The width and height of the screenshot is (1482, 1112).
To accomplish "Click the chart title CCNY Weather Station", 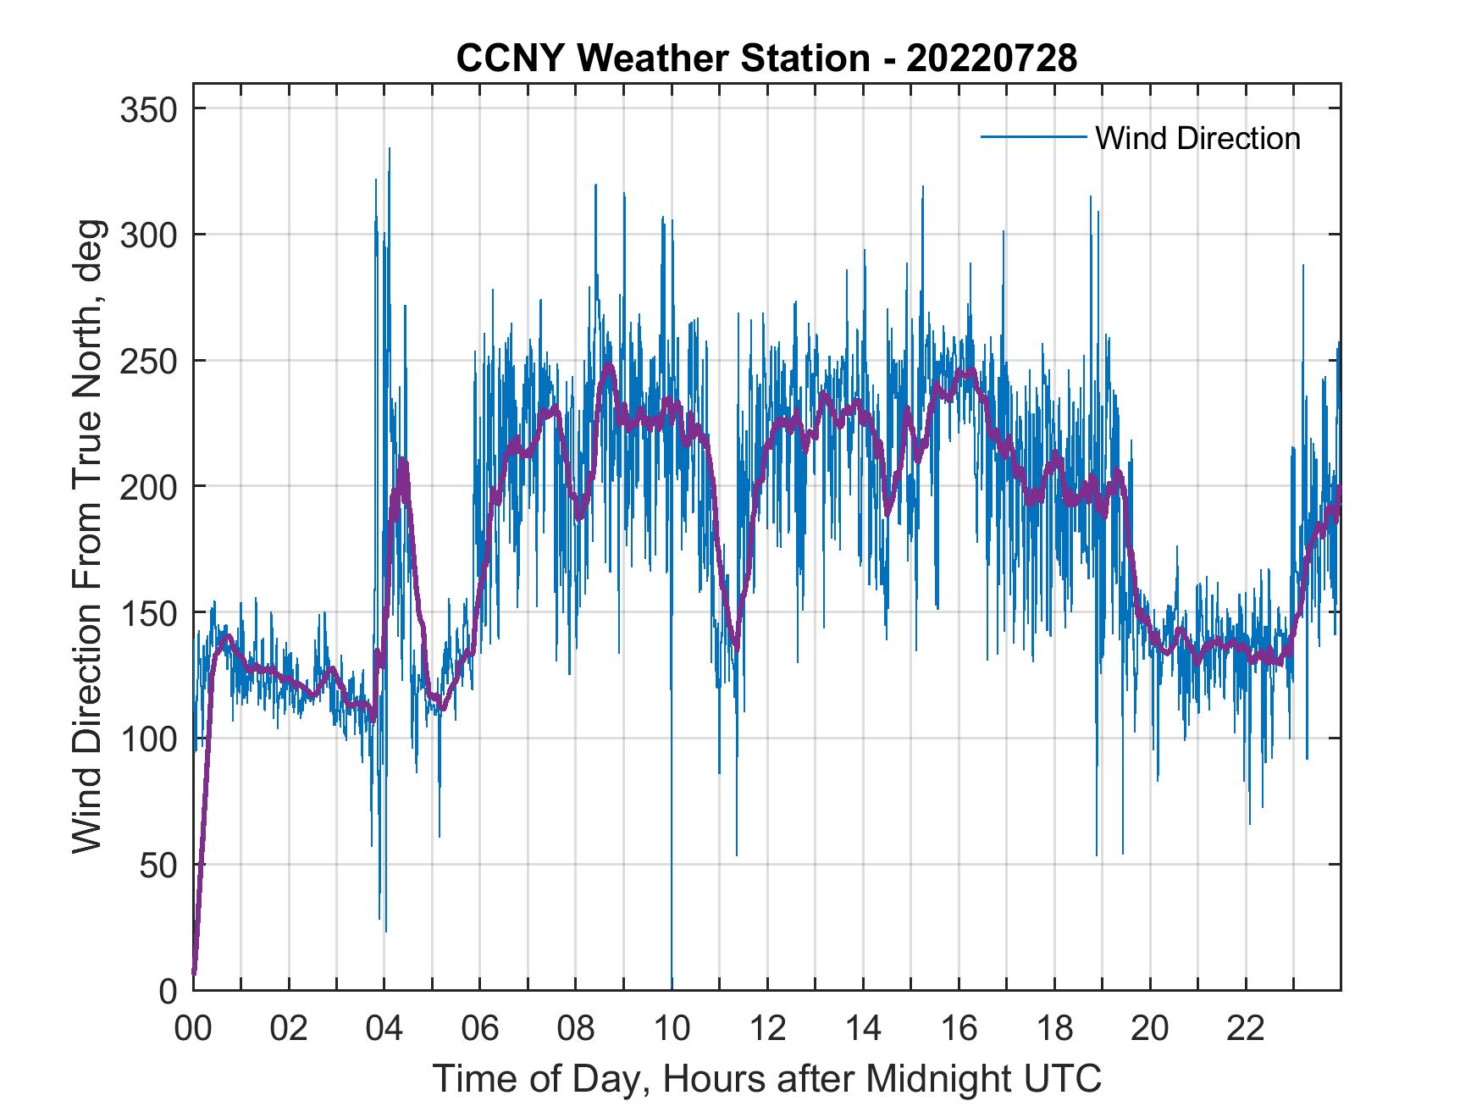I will pyautogui.click(x=766, y=58).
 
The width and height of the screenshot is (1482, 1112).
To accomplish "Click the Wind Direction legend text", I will pyautogui.click(x=1197, y=138).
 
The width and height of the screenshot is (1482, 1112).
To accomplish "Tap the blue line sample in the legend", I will pyautogui.click(x=1033, y=136).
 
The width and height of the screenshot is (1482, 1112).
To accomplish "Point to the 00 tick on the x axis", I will pyautogui.click(x=193, y=1029).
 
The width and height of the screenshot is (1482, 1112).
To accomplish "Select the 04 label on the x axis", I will pyautogui.click(x=384, y=1029).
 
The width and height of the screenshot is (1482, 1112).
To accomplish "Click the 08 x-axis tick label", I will pyautogui.click(x=576, y=1029).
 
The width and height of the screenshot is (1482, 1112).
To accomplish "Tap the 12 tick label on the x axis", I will pyautogui.click(x=767, y=1029).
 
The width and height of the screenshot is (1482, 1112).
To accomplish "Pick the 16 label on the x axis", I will pyautogui.click(x=959, y=1029).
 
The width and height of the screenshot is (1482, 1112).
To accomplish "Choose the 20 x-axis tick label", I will pyautogui.click(x=1150, y=1029).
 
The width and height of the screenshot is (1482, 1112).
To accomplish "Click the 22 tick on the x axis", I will pyautogui.click(x=1246, y=1029).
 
